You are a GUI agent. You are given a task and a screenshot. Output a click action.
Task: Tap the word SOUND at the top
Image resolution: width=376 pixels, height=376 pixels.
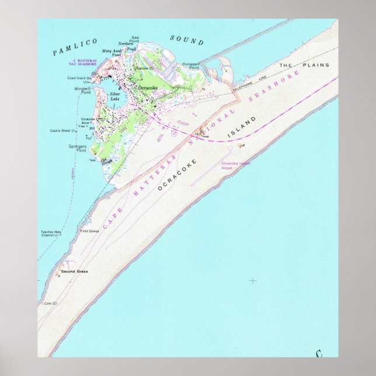point(187,40)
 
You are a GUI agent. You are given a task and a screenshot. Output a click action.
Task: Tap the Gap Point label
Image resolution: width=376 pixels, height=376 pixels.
point(135,39)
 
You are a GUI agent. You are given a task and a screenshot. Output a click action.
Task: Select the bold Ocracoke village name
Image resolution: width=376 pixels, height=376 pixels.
point(148,88)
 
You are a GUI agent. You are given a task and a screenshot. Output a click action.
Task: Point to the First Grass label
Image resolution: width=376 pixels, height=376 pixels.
point(89,231)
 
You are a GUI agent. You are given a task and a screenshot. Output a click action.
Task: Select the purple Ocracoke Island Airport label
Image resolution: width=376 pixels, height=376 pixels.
point(235,165)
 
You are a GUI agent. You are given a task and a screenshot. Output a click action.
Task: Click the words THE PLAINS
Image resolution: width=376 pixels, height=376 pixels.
point(304,65)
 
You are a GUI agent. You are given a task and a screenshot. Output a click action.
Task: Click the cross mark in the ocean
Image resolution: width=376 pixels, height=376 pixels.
point(253,281)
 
